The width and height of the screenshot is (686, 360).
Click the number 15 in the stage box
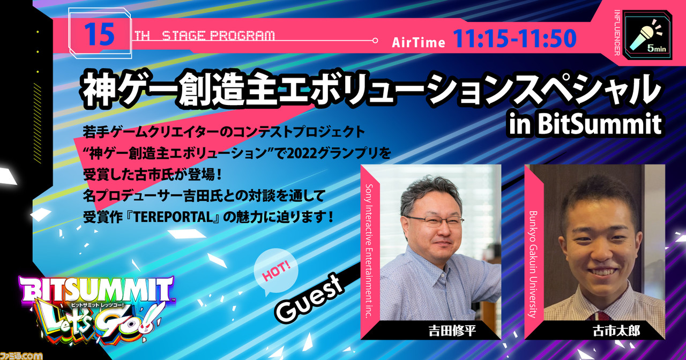click(x=99, y=35)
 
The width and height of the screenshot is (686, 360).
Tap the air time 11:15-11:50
click(x=514, y=39)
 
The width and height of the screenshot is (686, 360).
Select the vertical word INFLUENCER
click(x=617, y=33)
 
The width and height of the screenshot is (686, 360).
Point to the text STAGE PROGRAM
click(x=218, y=36)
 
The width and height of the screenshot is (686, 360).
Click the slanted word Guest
click(x=309, y=299)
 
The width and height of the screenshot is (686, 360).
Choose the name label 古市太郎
click(x=616, y=331)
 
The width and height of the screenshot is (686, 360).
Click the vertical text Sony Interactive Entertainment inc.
click(x=369, y=251)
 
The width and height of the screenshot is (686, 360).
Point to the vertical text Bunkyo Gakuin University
click(x=533, y=264)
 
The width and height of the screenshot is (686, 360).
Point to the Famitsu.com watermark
click(x=21, y=355)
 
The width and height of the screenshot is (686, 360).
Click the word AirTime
click(x=419, y=42)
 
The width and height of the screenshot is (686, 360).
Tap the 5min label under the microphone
click(x=657, y=48)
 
